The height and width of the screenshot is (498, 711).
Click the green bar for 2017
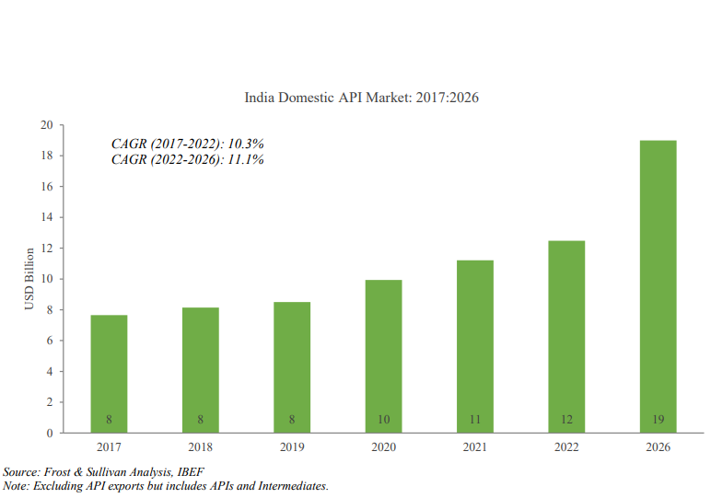109,373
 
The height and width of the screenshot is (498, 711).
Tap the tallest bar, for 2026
658,285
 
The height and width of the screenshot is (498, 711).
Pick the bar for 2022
566,336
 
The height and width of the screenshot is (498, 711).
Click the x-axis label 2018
200,447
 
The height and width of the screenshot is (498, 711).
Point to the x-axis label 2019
292,447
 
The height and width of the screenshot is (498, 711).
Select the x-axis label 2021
474,447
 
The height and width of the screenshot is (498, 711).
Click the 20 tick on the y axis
45,125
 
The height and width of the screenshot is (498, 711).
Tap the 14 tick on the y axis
45,217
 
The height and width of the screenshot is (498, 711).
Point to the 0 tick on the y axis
48,433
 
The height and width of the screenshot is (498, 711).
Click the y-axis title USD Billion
29,279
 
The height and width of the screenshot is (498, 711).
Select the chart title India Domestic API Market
361,97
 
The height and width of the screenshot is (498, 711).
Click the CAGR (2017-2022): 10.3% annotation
187,144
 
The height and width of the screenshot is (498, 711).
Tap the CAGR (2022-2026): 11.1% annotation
187,159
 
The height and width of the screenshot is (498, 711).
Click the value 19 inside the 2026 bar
658,420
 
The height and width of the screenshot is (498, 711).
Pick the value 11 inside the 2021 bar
474,420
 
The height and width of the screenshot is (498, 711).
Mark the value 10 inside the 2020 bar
383,420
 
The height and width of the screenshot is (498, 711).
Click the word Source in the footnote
21,471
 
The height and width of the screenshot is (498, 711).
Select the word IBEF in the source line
190,471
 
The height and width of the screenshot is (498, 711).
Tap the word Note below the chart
16,485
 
